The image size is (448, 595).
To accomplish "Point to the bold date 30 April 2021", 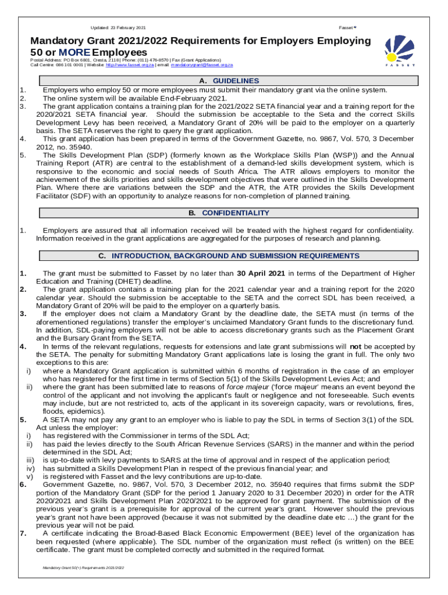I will tap(261, 274).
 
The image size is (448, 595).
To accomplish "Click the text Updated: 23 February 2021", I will tap(119, 28).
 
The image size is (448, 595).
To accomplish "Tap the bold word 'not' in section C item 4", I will tap(354, 347).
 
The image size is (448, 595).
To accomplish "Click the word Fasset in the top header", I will tap(346, 28).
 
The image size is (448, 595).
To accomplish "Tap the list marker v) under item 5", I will tap(30, 476).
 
